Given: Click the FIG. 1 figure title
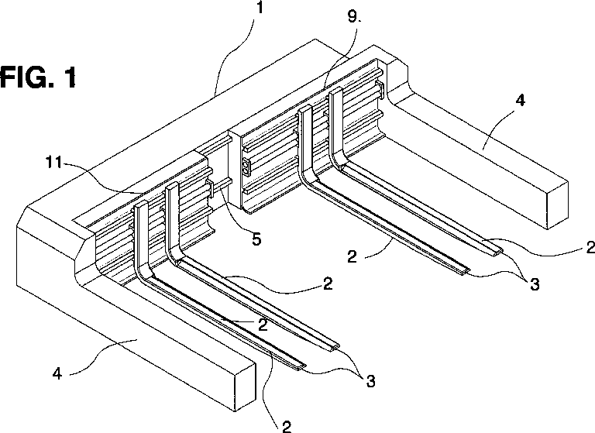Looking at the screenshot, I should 39,79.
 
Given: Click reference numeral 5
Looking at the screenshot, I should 256,239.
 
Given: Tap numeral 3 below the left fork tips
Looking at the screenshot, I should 371,381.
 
